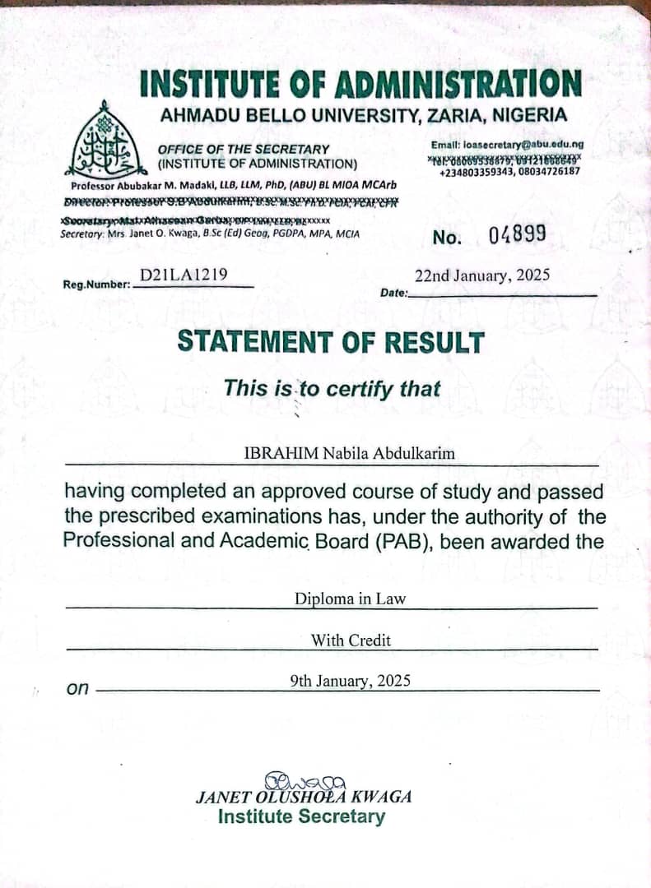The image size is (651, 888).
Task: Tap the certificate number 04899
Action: (517, 236)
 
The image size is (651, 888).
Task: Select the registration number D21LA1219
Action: (184, 275)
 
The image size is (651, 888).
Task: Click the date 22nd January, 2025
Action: (481, 275)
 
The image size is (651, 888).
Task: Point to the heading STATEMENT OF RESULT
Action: (331, 341)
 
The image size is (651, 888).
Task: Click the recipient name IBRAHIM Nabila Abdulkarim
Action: (349, 453)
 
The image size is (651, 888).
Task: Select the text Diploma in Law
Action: (350, 599)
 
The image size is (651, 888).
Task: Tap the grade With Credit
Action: (351, 640)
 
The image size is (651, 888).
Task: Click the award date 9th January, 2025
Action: (350, 681)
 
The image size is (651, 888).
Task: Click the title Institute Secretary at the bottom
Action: (301, 816)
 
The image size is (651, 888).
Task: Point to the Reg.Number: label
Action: (97, 284)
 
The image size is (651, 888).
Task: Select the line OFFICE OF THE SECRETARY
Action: (243, 149)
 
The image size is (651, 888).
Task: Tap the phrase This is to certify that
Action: (332, 388)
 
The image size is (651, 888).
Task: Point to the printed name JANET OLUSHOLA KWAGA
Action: (303, 797)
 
